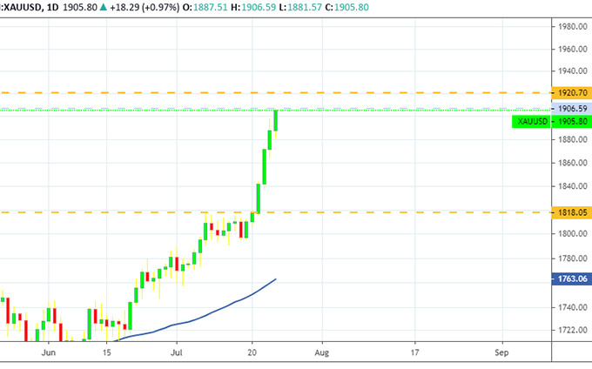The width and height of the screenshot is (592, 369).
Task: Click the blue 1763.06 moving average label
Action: pyautogui.click(x=572, y=278)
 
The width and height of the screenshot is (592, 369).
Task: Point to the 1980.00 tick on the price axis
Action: pyautogui.click(x=572, y=26)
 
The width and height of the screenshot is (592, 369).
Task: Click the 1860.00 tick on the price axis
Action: pyautogui.click(x=572, y=163)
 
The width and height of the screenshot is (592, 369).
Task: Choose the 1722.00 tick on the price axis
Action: pyautogui.click(x=572, y=330)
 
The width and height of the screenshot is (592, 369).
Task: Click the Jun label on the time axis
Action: pyautogui.click(x=49, y=354)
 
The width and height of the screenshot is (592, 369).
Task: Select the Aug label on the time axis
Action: pyautogui.click(x=321, y=354)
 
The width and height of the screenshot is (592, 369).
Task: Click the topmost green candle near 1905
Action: pyautogui.click(x=276, y=120)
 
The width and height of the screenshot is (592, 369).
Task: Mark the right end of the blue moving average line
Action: pyautogui.click(x=276, y=279)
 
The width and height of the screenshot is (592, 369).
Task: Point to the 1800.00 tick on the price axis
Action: pyautogui.click(x=572, y=234)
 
